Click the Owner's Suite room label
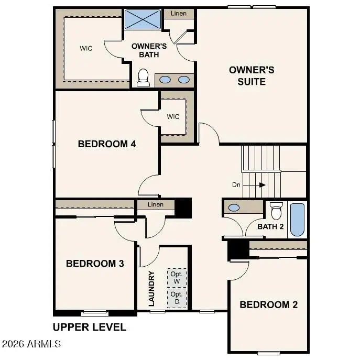pos(251,75)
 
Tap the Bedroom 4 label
pos(107,144)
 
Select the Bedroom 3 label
pos(95,263)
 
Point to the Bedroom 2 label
pos(268,304)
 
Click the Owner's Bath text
pos(149,50)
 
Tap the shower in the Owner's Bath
pos(143,20)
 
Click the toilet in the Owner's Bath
pos(143,78)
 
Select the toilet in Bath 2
pos(276,211)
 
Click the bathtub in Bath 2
pos(297,220)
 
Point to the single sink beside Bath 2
pos(235,208)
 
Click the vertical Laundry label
pos(152,289)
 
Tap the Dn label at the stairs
pos(237,184)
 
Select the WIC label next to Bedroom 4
pos(173,116)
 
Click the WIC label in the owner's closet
pos(86,48)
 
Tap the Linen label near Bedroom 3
pos(156,204)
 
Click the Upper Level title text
pos(90,328)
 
